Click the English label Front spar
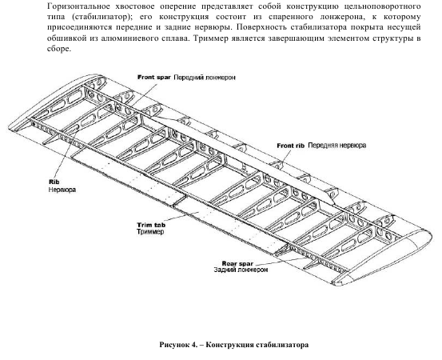click(154, 78)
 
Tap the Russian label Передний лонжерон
click(205, 78)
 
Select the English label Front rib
click(291, 146)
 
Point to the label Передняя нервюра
click(336, 146)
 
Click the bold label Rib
click(54, 182)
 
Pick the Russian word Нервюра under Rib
click(62, 190)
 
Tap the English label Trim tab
click(151, 225)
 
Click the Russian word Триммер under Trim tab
click(150, 232)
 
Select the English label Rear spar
click(237, 263)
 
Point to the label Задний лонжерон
click(241, 270)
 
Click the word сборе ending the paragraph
click(58, 49)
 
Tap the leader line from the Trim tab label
click(177, 217)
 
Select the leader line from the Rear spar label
click(281, 260)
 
